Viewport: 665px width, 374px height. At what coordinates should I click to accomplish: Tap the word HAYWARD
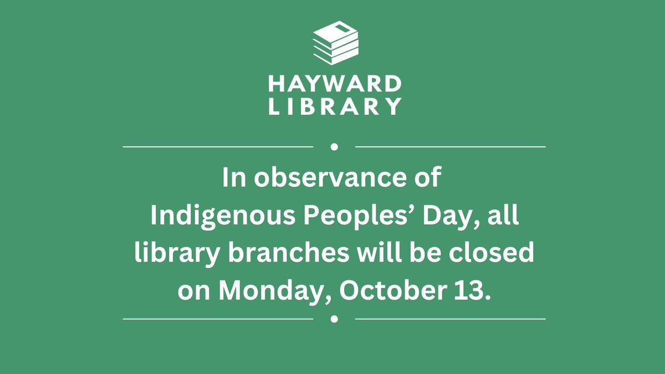(x=335, y=84)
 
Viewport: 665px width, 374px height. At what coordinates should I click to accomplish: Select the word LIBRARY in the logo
(x=335, y=105)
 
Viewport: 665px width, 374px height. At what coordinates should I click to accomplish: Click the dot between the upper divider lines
(x=334, y=147)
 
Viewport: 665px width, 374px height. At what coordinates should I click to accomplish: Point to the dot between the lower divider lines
(x=334, y=319)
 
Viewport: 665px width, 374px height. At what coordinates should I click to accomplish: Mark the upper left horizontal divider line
(x=218, y=147)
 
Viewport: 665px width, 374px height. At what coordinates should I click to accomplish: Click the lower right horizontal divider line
(x=450, y=319)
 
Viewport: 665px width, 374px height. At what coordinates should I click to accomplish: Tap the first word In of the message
(x=233, y=178)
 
